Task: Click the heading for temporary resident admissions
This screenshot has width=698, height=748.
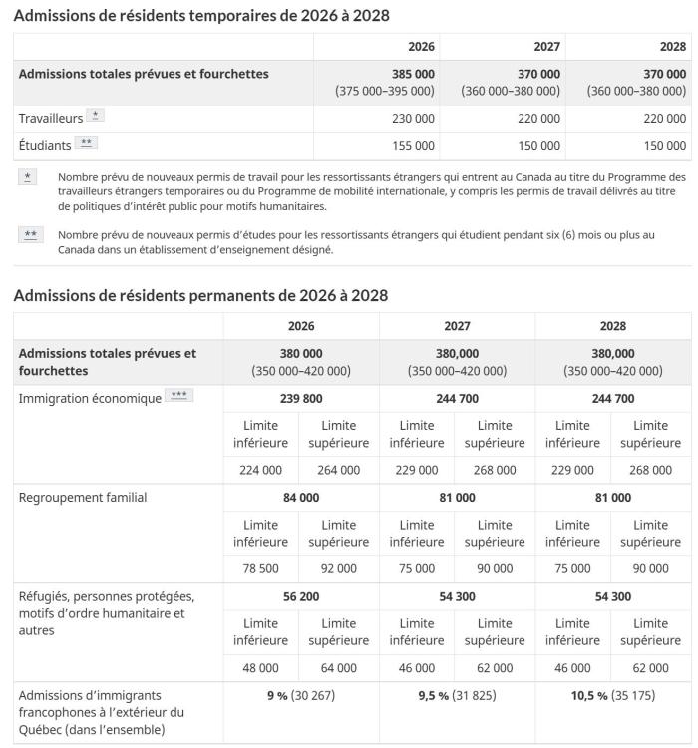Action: coord(201,16)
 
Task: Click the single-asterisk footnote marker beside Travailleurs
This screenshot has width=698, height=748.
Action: coord(95,117)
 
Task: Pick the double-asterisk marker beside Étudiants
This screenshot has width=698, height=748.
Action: coord(86,144)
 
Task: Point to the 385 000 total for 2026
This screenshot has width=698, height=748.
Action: coord(413,74)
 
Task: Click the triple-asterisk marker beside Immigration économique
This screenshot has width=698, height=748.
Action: coord(179,397)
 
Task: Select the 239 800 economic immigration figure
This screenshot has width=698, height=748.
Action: coord(301,399)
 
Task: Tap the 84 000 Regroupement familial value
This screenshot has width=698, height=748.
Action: coord(301,498)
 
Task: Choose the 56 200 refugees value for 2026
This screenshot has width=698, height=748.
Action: coord(301,596)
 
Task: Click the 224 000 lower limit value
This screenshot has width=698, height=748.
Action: coord(261,470)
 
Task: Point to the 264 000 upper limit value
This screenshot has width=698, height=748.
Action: coord(339,470)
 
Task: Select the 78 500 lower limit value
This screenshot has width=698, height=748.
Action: coord(261,568)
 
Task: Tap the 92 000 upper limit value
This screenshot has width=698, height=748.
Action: coord(339,568)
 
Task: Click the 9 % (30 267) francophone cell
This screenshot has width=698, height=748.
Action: coord(301,695)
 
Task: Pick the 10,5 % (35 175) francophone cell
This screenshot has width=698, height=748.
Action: coord(612,695)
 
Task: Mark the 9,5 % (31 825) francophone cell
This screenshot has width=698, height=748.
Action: coord(457,695)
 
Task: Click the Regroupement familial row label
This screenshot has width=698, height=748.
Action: coord(82,498)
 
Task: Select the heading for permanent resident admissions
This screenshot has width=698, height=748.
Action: coord(200,295)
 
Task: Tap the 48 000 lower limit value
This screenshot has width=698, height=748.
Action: coord(261,667)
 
